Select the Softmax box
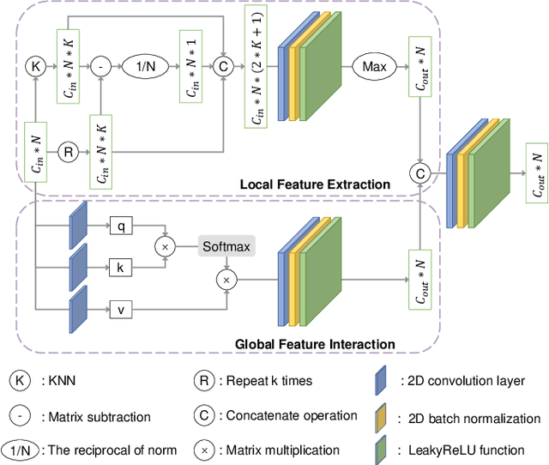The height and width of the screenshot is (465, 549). (226, 247)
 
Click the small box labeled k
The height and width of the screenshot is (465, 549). (121, 268)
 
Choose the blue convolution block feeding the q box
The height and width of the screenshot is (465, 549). (78, 226)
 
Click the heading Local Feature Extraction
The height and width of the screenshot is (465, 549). (315, 184)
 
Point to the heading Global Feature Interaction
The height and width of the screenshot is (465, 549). (315, 344)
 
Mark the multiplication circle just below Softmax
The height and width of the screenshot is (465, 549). (226, 281)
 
